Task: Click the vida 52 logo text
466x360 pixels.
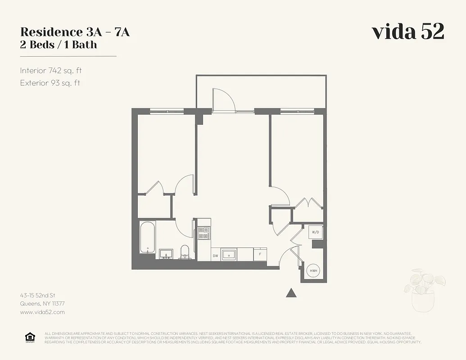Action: [x=408, y=31]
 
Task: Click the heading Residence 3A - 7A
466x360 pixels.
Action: [x=75, y=32]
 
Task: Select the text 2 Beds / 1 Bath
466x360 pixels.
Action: [x=59, y=45]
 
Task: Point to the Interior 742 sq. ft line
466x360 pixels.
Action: [x=50, y=71]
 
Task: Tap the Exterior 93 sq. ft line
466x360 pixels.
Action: [x=50, y=83]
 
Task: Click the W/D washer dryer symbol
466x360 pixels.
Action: [x=316, y=232]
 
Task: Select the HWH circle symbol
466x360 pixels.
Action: [x=313, y=271]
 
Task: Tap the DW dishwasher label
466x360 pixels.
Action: [x=216, y=255]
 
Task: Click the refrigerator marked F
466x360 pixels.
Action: [x=260, y=254]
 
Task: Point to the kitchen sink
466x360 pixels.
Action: [x=229, y=255]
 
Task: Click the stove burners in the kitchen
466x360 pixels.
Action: [x=204, y=232]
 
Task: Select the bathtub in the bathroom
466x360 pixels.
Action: [x=147, y=237]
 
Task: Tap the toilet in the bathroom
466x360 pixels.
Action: [x=185, y=252]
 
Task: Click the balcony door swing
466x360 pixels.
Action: [x=223, y=99]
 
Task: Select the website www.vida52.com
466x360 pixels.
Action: [x=43, y=312]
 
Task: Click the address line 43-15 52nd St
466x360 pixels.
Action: [x=38, y=296]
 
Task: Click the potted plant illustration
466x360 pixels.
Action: [x=424, y=290]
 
